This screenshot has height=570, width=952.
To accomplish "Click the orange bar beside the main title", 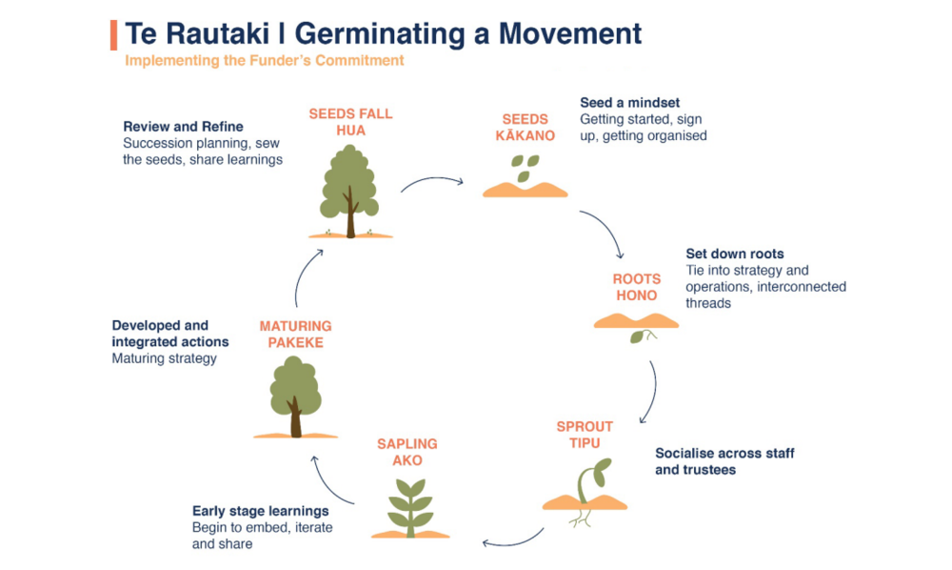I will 114,34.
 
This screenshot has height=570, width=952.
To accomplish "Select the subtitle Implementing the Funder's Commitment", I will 265,61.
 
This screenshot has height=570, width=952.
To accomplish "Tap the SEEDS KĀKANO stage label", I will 526,127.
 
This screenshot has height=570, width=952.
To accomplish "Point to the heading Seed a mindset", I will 630,103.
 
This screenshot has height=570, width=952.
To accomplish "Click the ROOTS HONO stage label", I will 636,287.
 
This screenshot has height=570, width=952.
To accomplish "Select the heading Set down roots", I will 735,254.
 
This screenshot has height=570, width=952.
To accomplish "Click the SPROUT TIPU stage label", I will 585,434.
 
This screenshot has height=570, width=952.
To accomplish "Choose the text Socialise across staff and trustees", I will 724,461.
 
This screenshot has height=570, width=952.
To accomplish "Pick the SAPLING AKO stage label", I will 407,452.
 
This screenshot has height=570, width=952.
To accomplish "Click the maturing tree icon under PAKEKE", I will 295,396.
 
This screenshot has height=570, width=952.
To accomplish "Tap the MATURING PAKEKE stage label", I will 295,334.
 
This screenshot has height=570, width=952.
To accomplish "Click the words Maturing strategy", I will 164,358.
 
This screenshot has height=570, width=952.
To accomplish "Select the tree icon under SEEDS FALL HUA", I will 349,191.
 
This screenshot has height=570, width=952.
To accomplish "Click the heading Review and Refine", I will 183,126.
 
